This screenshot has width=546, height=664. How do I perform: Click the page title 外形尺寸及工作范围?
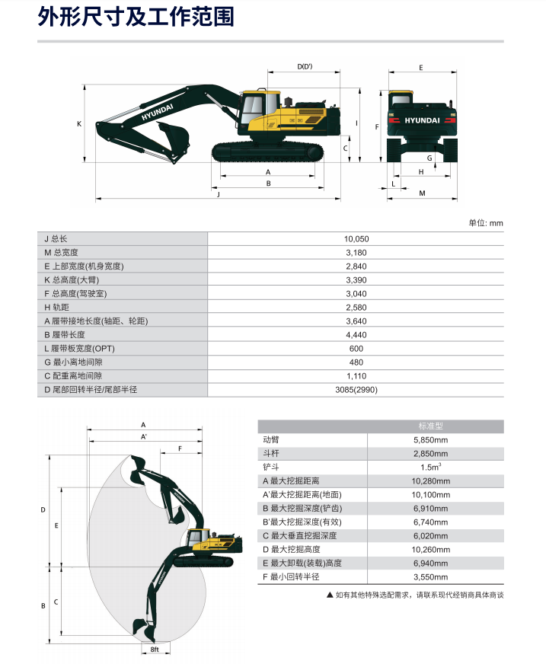point(136,17)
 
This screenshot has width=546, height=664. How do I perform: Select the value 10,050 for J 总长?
point(356,239)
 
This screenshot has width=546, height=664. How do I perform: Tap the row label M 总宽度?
point(62,252)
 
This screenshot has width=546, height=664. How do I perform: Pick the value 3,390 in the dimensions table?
point(356,280)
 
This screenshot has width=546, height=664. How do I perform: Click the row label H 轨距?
point(57,308)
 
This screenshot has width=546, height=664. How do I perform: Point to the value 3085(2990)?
point(356,390)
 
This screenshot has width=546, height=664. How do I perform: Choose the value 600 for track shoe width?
point(356,349)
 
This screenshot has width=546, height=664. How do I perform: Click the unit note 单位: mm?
point(486,223)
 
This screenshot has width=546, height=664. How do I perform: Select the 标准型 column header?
point(431,426)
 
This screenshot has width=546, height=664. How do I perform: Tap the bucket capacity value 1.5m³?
point(431,467)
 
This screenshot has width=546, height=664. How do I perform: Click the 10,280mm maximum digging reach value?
point(431,481)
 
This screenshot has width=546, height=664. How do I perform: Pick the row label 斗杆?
point(271,454)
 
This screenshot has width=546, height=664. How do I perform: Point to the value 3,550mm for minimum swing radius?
point(431,576)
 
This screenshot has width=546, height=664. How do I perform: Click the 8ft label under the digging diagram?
point(155,650)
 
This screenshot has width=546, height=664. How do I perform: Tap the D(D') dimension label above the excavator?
point(305,66)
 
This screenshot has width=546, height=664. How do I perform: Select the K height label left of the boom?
point(79,124)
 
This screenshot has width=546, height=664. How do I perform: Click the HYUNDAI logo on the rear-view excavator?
point(422,120)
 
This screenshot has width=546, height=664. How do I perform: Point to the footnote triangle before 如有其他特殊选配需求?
point(330,595)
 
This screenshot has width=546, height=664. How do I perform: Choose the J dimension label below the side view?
point(219,194)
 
